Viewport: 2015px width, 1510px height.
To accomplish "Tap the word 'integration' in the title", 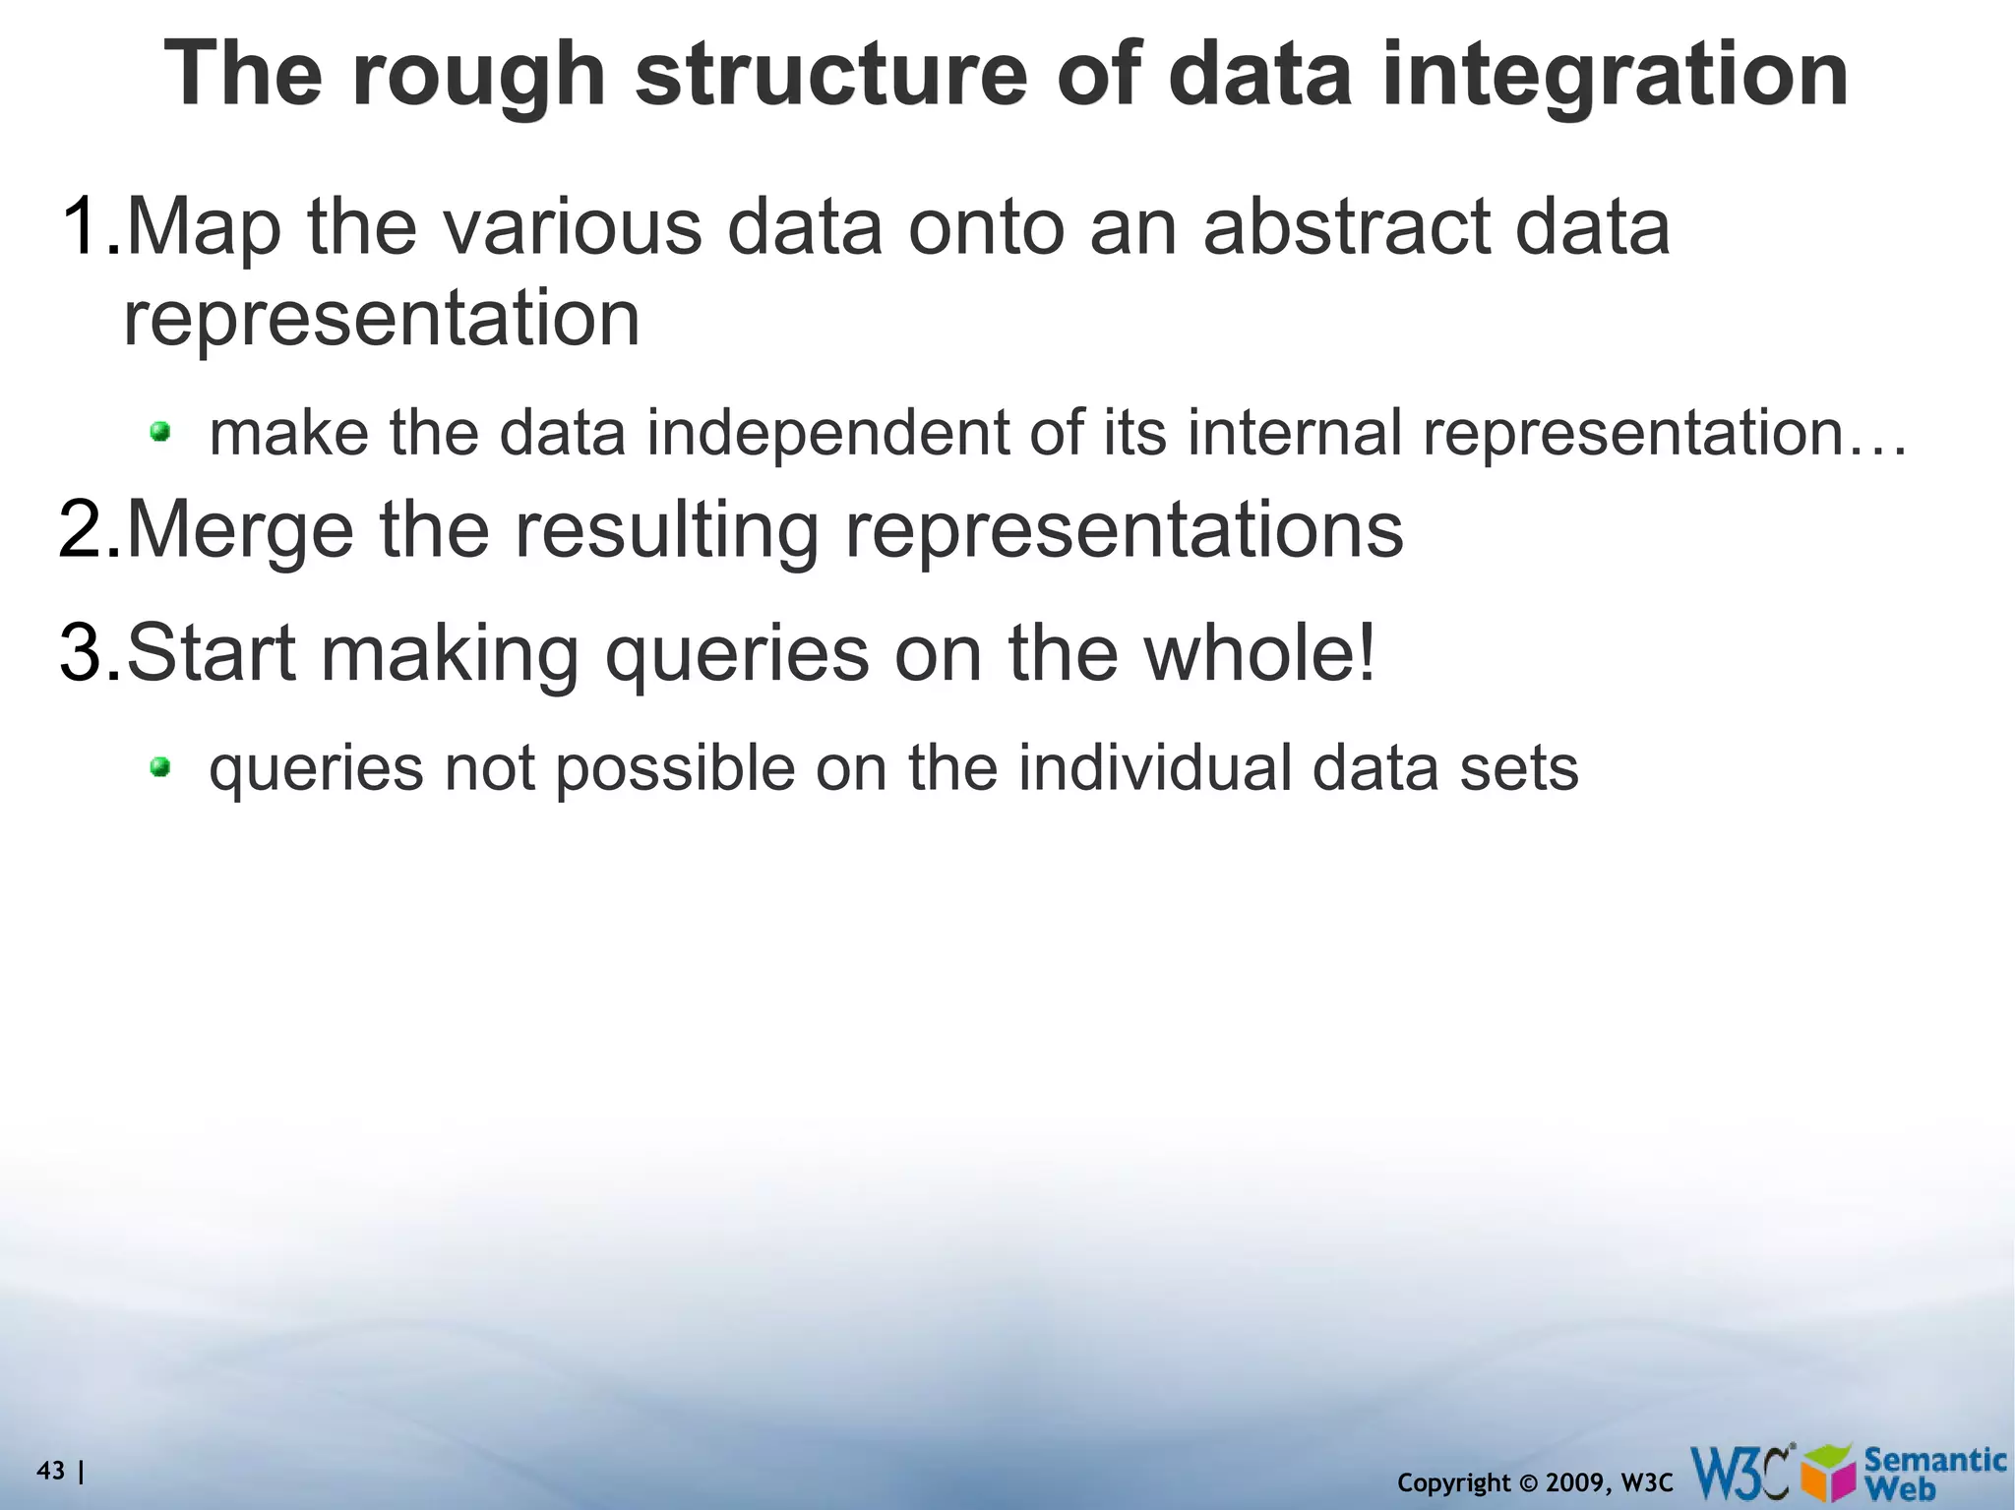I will coord(1614,77).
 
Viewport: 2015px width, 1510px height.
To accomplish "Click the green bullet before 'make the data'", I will coord(160,431).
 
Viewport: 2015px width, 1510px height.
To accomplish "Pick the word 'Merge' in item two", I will coord(240,529).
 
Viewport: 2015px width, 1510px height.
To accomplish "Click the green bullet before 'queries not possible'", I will coord(160,766).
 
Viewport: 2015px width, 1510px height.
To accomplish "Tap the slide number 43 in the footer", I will coord(50,1471).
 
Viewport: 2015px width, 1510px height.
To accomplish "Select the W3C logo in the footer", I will coord(1741,1471).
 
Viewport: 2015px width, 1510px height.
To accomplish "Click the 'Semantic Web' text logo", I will coord(1934,1473).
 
